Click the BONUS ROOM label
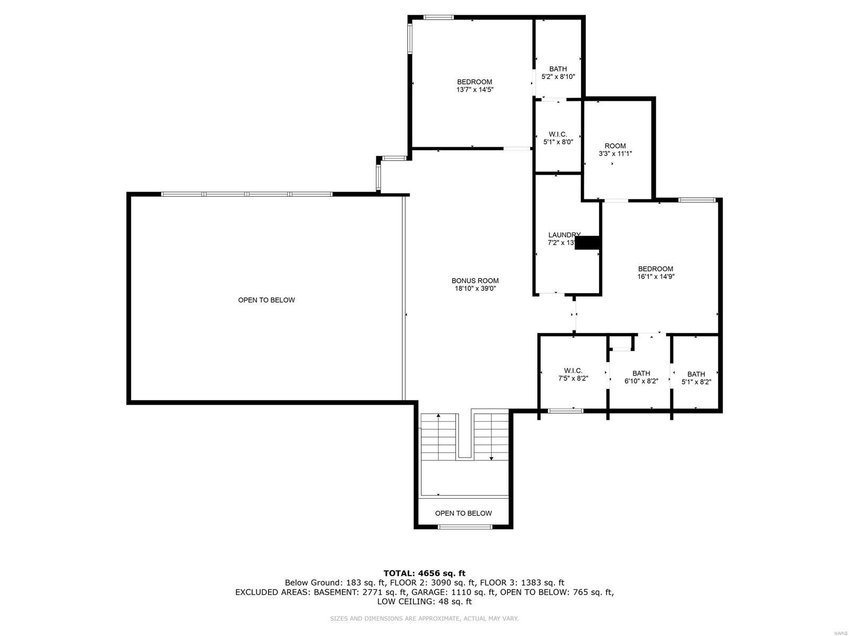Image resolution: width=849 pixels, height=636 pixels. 475,281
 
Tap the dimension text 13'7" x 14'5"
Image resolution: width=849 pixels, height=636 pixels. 475,90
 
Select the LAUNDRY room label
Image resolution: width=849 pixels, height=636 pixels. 564,235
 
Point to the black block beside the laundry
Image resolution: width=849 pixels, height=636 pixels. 588,242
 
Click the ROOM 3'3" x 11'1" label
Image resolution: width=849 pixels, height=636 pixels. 615,146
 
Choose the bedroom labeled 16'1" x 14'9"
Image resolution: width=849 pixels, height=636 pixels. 655,273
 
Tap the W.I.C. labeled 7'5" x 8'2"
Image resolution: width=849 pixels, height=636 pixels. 573,374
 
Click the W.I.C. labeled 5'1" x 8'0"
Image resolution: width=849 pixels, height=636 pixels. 558,138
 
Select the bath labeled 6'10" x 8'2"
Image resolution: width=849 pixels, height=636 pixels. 641,377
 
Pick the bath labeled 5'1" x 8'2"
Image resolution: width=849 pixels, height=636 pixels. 696,378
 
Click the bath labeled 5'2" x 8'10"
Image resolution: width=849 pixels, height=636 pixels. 558,73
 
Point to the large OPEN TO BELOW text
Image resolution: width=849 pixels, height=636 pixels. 266,300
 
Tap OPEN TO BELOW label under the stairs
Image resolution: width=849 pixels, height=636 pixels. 463,513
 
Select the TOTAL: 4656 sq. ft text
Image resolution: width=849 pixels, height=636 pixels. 424,573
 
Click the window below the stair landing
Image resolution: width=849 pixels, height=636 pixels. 465,527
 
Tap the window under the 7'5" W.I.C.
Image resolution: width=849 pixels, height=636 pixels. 565,411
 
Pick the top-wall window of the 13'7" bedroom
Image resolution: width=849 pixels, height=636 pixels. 438,18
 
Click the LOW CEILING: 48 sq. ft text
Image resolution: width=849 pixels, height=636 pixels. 424,602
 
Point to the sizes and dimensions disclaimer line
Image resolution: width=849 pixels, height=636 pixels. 424,618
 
